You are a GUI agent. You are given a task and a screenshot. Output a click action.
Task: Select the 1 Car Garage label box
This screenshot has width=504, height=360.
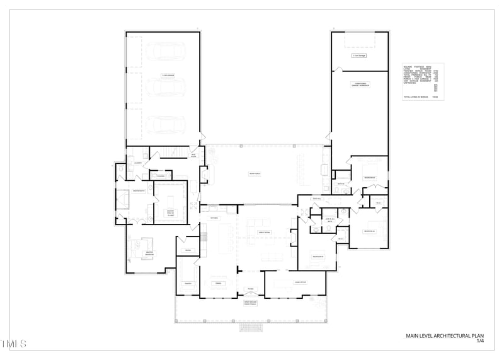[359, 56]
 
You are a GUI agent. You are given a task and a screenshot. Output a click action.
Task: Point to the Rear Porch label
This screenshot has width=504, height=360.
[255, 173]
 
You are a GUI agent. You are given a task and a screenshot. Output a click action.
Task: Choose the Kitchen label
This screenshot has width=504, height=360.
[214, 218]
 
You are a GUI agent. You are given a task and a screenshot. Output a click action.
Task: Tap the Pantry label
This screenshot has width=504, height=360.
[188, 284]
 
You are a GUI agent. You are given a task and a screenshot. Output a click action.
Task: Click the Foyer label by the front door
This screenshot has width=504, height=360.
[250, 289]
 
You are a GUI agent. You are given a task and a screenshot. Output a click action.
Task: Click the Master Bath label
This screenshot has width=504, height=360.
[139, 190]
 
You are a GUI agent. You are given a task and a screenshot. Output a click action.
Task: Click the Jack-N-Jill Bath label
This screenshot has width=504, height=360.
[329, 220]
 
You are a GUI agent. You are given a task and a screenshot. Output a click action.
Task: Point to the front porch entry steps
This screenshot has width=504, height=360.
[251, 328]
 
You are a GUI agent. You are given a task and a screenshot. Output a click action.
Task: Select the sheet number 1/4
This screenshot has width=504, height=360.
[480, 341]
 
